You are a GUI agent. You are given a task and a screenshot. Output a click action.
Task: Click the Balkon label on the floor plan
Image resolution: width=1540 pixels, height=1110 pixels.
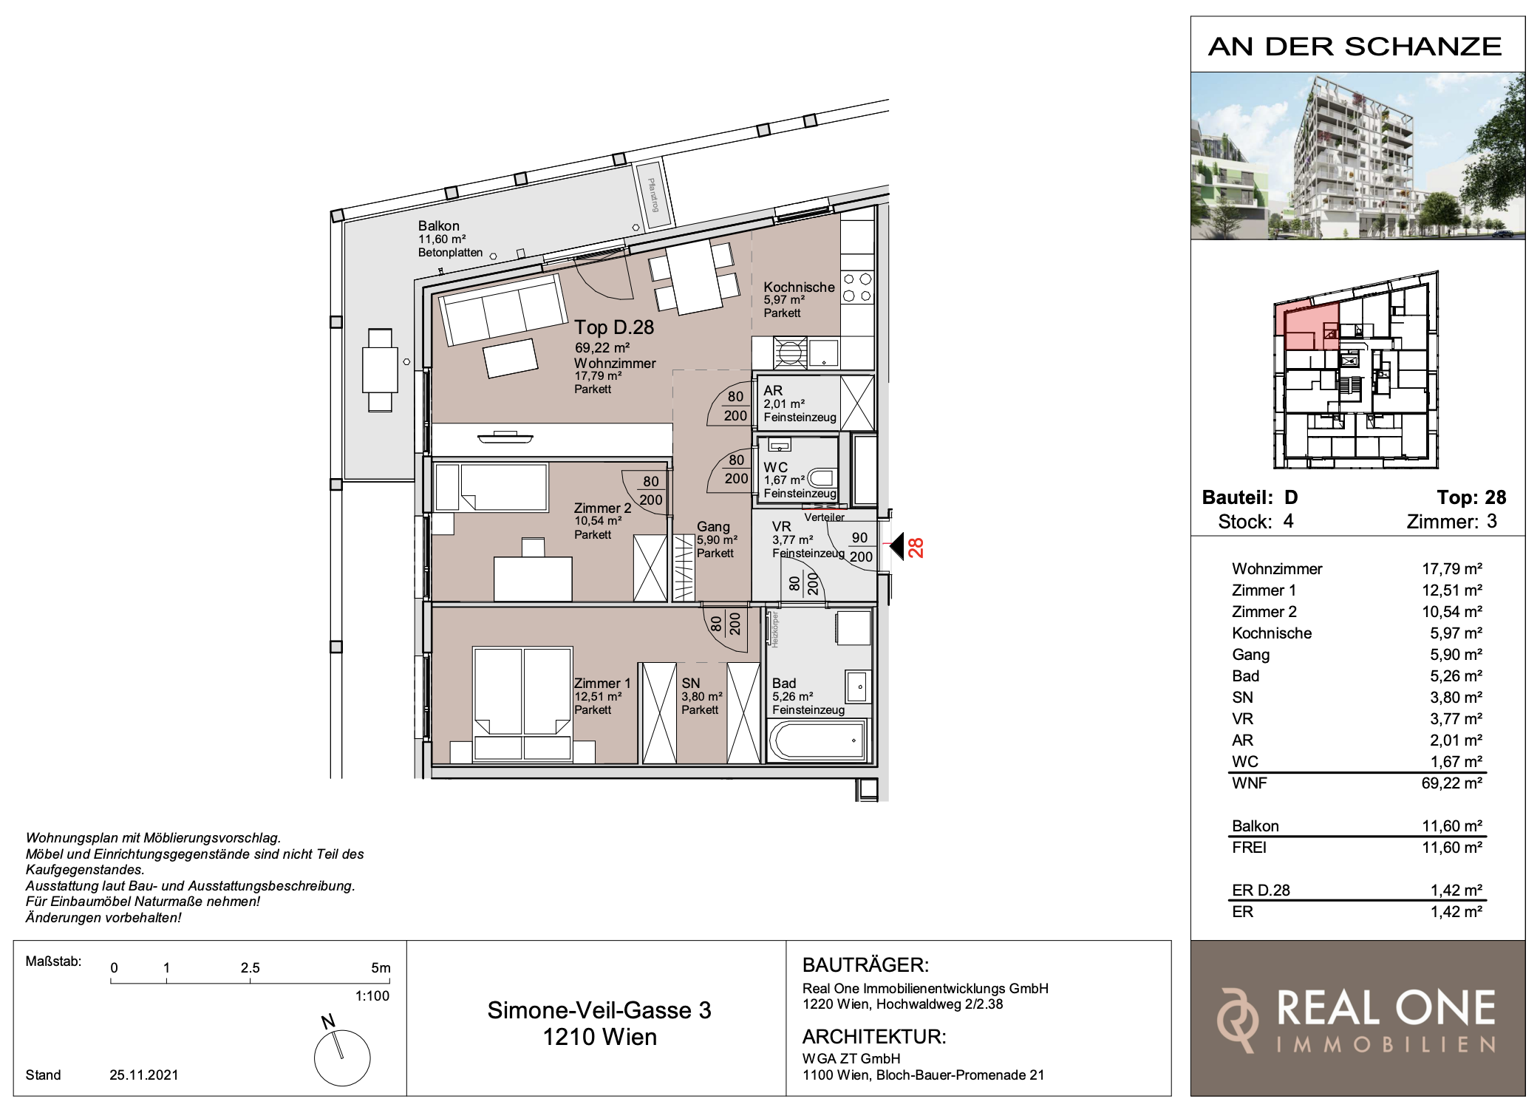click(x=438, y=226)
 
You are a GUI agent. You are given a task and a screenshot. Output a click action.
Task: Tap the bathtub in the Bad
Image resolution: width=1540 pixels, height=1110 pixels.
click(x=818, y=740)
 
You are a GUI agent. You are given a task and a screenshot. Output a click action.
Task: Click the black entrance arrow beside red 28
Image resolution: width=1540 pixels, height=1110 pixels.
click(x=896, y=547)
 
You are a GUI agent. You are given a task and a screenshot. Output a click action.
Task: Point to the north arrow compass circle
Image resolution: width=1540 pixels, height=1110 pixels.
click(x=342, y=1058)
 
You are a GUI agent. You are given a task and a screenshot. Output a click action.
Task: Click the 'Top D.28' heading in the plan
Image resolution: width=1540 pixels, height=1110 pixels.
click(x=614, y=327)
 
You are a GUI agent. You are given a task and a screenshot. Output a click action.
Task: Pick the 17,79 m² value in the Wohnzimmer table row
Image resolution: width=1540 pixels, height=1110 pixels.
click(x=1452, y=569)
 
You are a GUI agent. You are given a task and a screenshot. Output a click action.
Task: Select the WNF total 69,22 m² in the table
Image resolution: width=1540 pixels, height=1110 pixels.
click(x=1452, y=783)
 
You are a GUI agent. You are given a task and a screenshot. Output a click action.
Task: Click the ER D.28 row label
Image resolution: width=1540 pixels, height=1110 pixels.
click(x=1261, y=891)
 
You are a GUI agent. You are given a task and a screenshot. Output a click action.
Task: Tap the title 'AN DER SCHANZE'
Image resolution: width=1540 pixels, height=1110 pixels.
click(x=1355, y=47)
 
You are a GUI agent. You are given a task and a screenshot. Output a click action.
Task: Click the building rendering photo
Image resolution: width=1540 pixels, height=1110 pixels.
click(x=1357, y=156)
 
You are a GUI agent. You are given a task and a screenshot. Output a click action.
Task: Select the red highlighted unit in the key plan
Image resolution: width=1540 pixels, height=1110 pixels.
click(x=1306, y=326)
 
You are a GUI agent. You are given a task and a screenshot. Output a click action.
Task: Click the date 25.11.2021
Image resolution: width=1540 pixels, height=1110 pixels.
click(x=144, y=1075)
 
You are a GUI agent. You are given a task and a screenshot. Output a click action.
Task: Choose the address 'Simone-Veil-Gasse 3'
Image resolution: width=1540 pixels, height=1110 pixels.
click(x=599, y=1010)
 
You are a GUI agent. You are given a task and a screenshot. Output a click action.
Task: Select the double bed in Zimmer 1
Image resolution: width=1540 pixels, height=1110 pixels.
click(x=522, y=704)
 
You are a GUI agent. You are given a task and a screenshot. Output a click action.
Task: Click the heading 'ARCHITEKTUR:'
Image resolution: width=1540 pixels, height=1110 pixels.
click(x=874, y=1037)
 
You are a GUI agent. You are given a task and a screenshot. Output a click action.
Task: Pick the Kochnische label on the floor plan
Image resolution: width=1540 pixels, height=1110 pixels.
click(x=799, y=287)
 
